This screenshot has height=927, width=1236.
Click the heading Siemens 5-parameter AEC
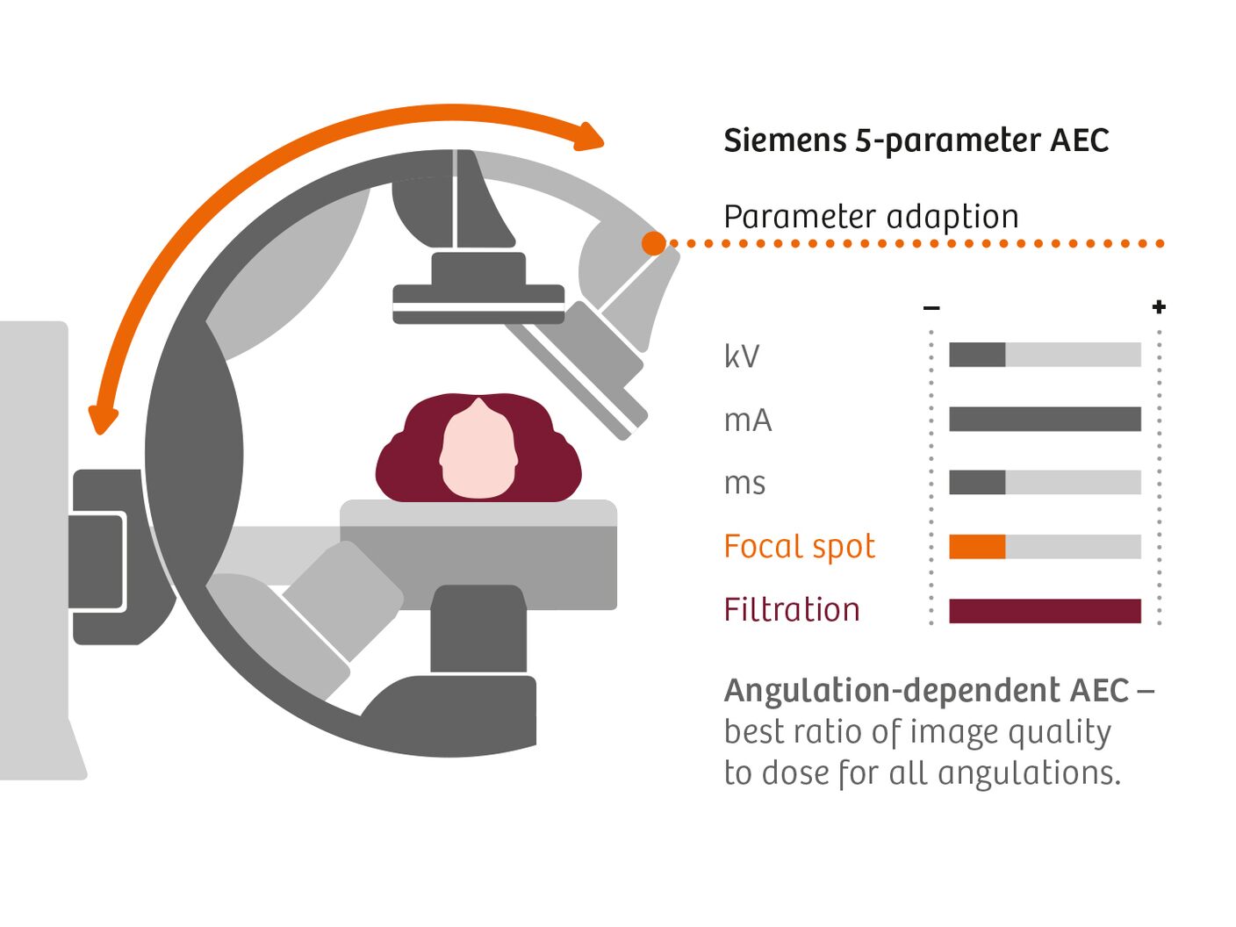click(x=916, y=140)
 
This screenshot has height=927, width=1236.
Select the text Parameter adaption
click(x=871, y=217)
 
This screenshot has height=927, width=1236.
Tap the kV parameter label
click(x=742, y=356)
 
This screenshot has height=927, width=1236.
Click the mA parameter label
click(x=748, y=420)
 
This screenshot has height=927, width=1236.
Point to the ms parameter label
click(x=744, y=484)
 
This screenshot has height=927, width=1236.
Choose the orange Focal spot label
click(x=799, y=547)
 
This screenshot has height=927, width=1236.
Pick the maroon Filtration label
click(x=792, y=610)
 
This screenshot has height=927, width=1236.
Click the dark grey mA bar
click(x=1045, y=419)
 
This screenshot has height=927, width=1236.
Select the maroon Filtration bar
click(x=1045, y=611)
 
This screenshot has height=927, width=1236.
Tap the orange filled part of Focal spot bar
click(x=977, y=547)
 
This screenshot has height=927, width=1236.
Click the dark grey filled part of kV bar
click(x=977, y=355)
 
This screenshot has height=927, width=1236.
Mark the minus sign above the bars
click(x=931, y=307)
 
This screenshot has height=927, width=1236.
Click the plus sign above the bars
click(x=1159, y=306)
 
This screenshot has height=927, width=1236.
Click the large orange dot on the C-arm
click(x=654, y=243)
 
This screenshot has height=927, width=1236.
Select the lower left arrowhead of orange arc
click(x=103, y=420)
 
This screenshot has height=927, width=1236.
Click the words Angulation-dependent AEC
click(x=926, y=691)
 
